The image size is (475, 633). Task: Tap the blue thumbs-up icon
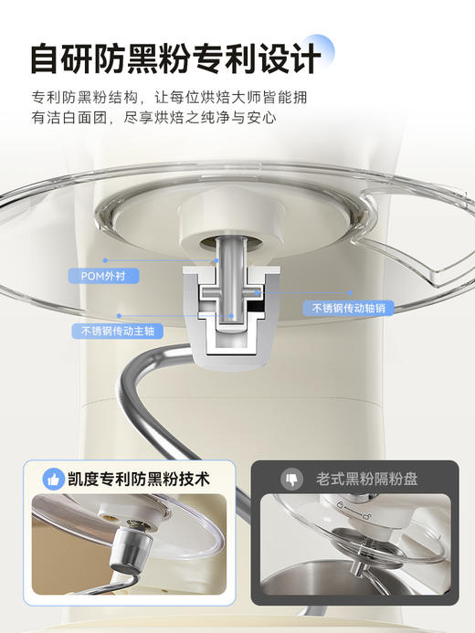[x=54, y=479]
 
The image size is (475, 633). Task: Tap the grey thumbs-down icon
[x=292, y=479]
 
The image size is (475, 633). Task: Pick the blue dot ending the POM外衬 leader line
[x=217, y=258]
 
